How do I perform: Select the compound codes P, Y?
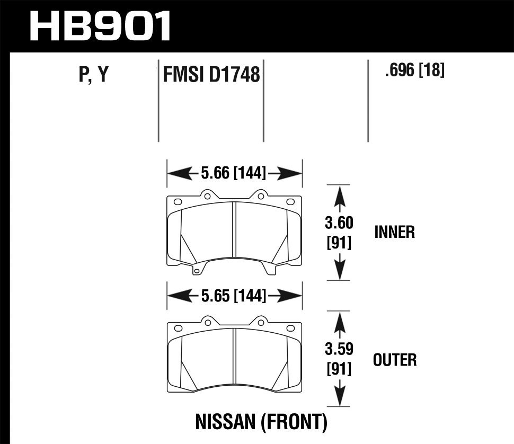point(93,75)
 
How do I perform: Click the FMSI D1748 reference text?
point(211,75)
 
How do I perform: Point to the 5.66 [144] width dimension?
point(234,173)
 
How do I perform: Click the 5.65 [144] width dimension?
point(234,296)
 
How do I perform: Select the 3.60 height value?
point(339,222)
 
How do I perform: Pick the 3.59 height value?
point(339,350)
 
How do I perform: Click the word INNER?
point(394,232)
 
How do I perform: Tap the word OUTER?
point(395,360)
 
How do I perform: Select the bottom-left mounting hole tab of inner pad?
point(197,272)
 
